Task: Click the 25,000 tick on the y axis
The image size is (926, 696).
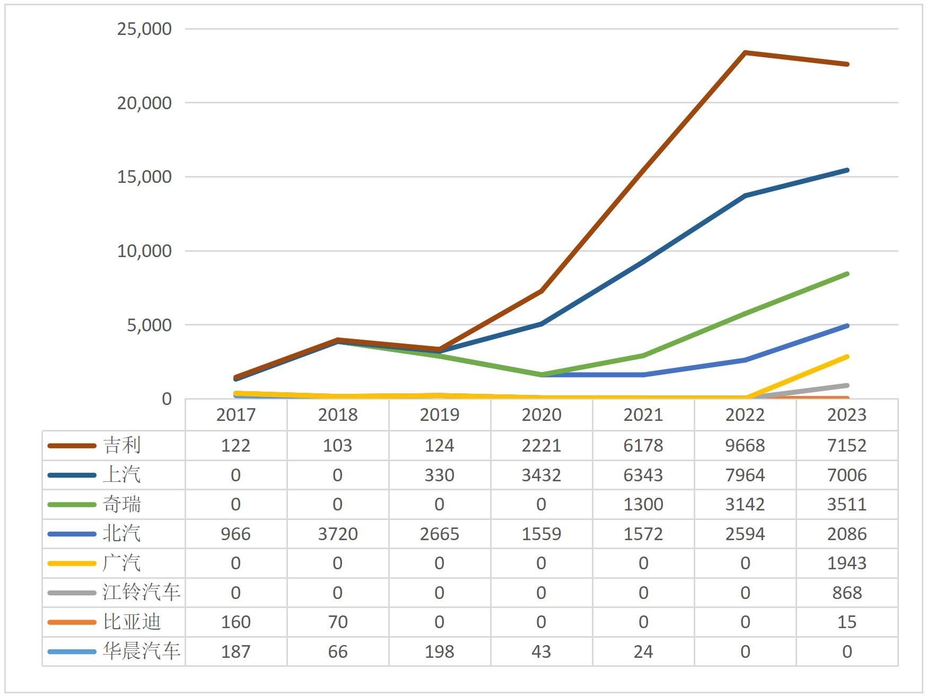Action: click(144, 29)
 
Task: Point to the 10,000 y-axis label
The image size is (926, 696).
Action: click(144, 251)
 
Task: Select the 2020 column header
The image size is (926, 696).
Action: click(541, 415)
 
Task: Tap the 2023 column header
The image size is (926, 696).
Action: click(846, 415)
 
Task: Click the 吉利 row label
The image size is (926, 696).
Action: click(122, 445)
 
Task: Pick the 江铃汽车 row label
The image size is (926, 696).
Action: click(142, 592)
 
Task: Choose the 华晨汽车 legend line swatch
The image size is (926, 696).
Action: click(72, 651)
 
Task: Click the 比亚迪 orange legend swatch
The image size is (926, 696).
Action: click(72, 622)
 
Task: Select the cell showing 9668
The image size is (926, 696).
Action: click(745, 445)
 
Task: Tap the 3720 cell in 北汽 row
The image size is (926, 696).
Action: click(337, 534)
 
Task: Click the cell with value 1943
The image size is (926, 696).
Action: click(846, 563)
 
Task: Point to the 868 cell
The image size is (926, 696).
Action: click(846, 593)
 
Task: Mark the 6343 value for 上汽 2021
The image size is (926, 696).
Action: click(643, 475)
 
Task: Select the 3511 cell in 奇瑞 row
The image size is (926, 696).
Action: click(846, 504)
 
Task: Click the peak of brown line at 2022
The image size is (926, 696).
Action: click(745, 52)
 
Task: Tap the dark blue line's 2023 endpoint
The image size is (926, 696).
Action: click(846, 170)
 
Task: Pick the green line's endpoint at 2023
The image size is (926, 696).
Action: click(846, 274)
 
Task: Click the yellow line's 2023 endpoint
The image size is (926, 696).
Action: click(846, 357)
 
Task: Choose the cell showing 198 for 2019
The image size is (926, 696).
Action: click(439, 651)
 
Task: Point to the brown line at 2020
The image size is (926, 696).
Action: click(541, 291)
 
